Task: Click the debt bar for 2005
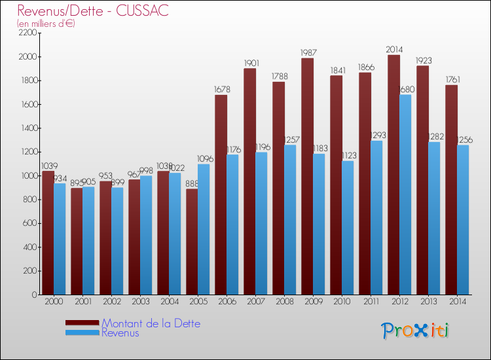[x=192, y=242]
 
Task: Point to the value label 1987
[x=307, y=52]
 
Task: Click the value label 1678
[x=221, y=89]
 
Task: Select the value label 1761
[x=451, y=79]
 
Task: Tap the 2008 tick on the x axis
[x=284, y=302]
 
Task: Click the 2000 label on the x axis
[x=54, y=302]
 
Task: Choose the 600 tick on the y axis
[x=29, y=223]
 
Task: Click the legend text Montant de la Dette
[x=151, y=323]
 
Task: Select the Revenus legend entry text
[x=120, y=333]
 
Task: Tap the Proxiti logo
[x=415, y=331]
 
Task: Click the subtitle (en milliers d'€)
[x=46, y=24]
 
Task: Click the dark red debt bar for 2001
[x=77, y=242]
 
